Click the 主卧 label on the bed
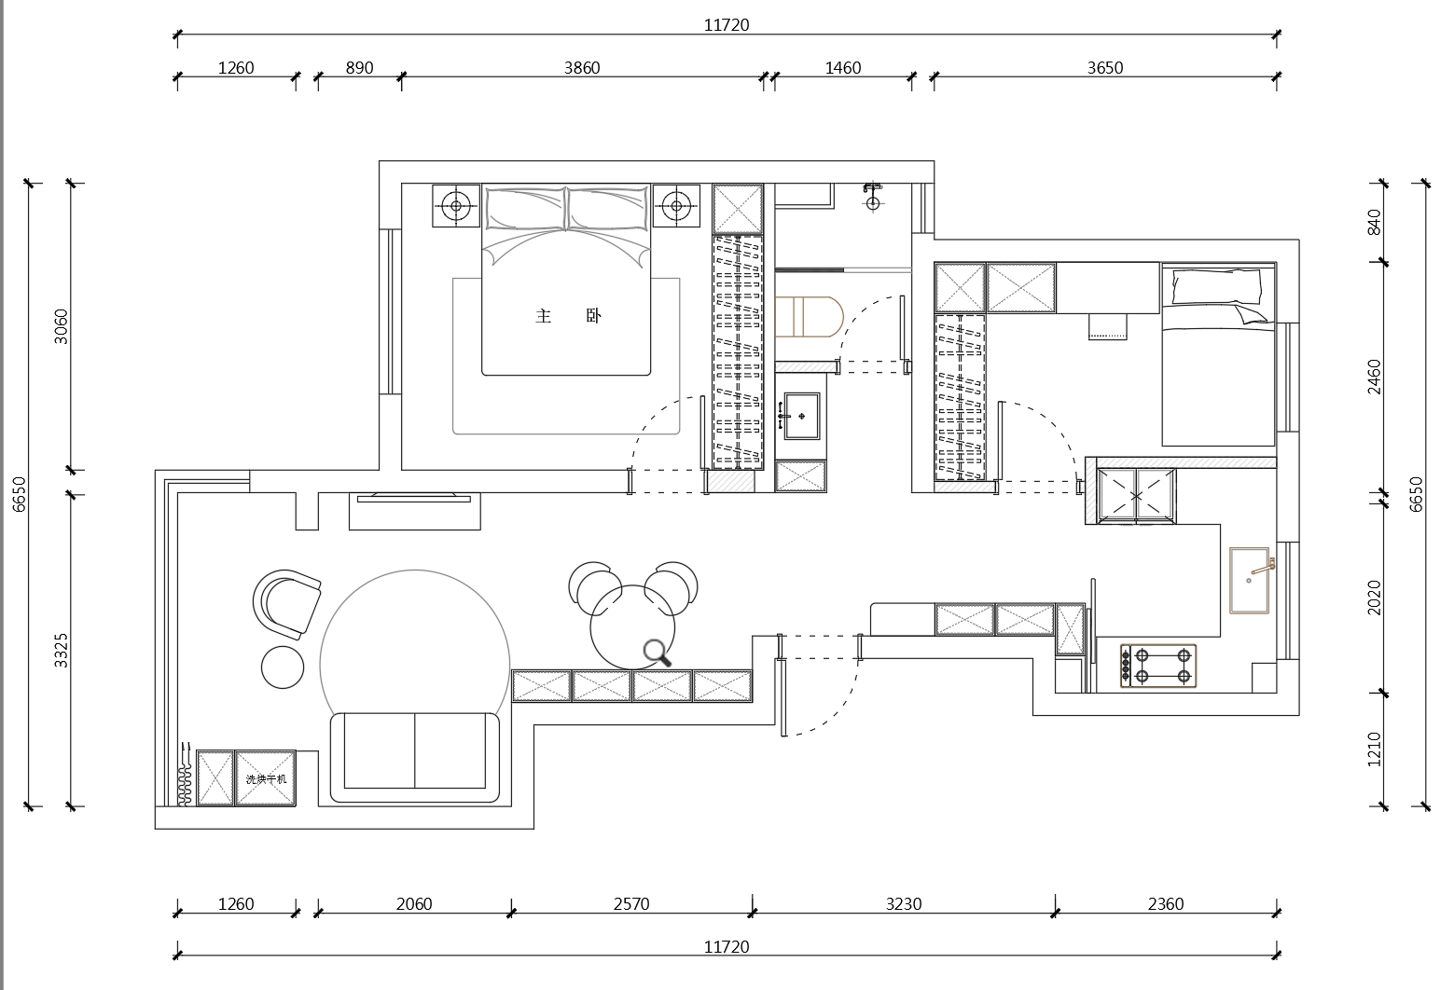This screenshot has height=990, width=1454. (569, 316)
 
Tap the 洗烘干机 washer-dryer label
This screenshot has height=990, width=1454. (266, 779)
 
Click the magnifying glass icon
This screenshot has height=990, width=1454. (657, 653)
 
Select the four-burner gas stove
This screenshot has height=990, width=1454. (1158, 666)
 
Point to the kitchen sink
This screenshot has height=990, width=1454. (1250, 580)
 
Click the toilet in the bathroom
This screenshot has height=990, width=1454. (809, 317)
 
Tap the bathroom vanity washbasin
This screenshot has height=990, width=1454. (801, 415)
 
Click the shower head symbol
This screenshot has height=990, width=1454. (872, 197)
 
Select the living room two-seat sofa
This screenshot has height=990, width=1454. (415, 758)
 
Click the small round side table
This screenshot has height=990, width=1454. (283, 667)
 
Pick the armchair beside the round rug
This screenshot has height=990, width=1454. (286, 604)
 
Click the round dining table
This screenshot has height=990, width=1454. (632, 627)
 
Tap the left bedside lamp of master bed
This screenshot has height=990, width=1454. (456, 206)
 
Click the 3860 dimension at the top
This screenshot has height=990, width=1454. (582, 67)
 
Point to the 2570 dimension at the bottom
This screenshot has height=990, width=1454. (630, 903)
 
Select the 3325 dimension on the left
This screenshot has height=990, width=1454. (61, 650)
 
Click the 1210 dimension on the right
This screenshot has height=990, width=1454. (1374, 749)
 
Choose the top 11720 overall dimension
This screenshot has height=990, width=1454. (727, 24)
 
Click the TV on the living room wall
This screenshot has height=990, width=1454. (414, 498)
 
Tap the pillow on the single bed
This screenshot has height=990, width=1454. (1216, 287)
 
